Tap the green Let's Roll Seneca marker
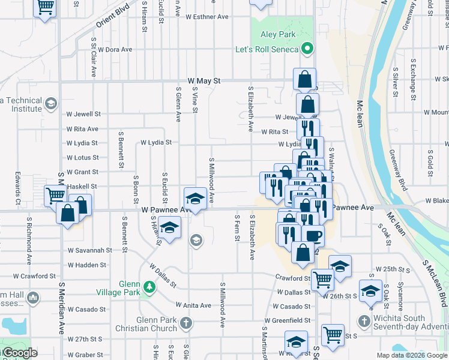[308, 48]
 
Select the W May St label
[204, 80]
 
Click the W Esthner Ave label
[207, 17]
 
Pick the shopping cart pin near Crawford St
[323, 279]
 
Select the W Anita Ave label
[193, 305]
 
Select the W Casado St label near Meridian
[86, 310]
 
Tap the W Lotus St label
[83, 158]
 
